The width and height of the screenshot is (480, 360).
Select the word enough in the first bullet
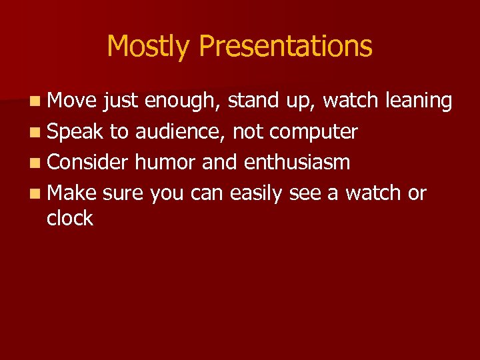[x=183, y=101]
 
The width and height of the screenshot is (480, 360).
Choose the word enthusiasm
[x=297, y=162]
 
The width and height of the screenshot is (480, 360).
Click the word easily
[x=261, y=193]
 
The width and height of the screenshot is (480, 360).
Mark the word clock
[x=69, y=218]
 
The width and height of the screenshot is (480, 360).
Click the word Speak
[x=75, y=132]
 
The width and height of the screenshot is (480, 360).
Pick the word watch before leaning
[x=351, y=101]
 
